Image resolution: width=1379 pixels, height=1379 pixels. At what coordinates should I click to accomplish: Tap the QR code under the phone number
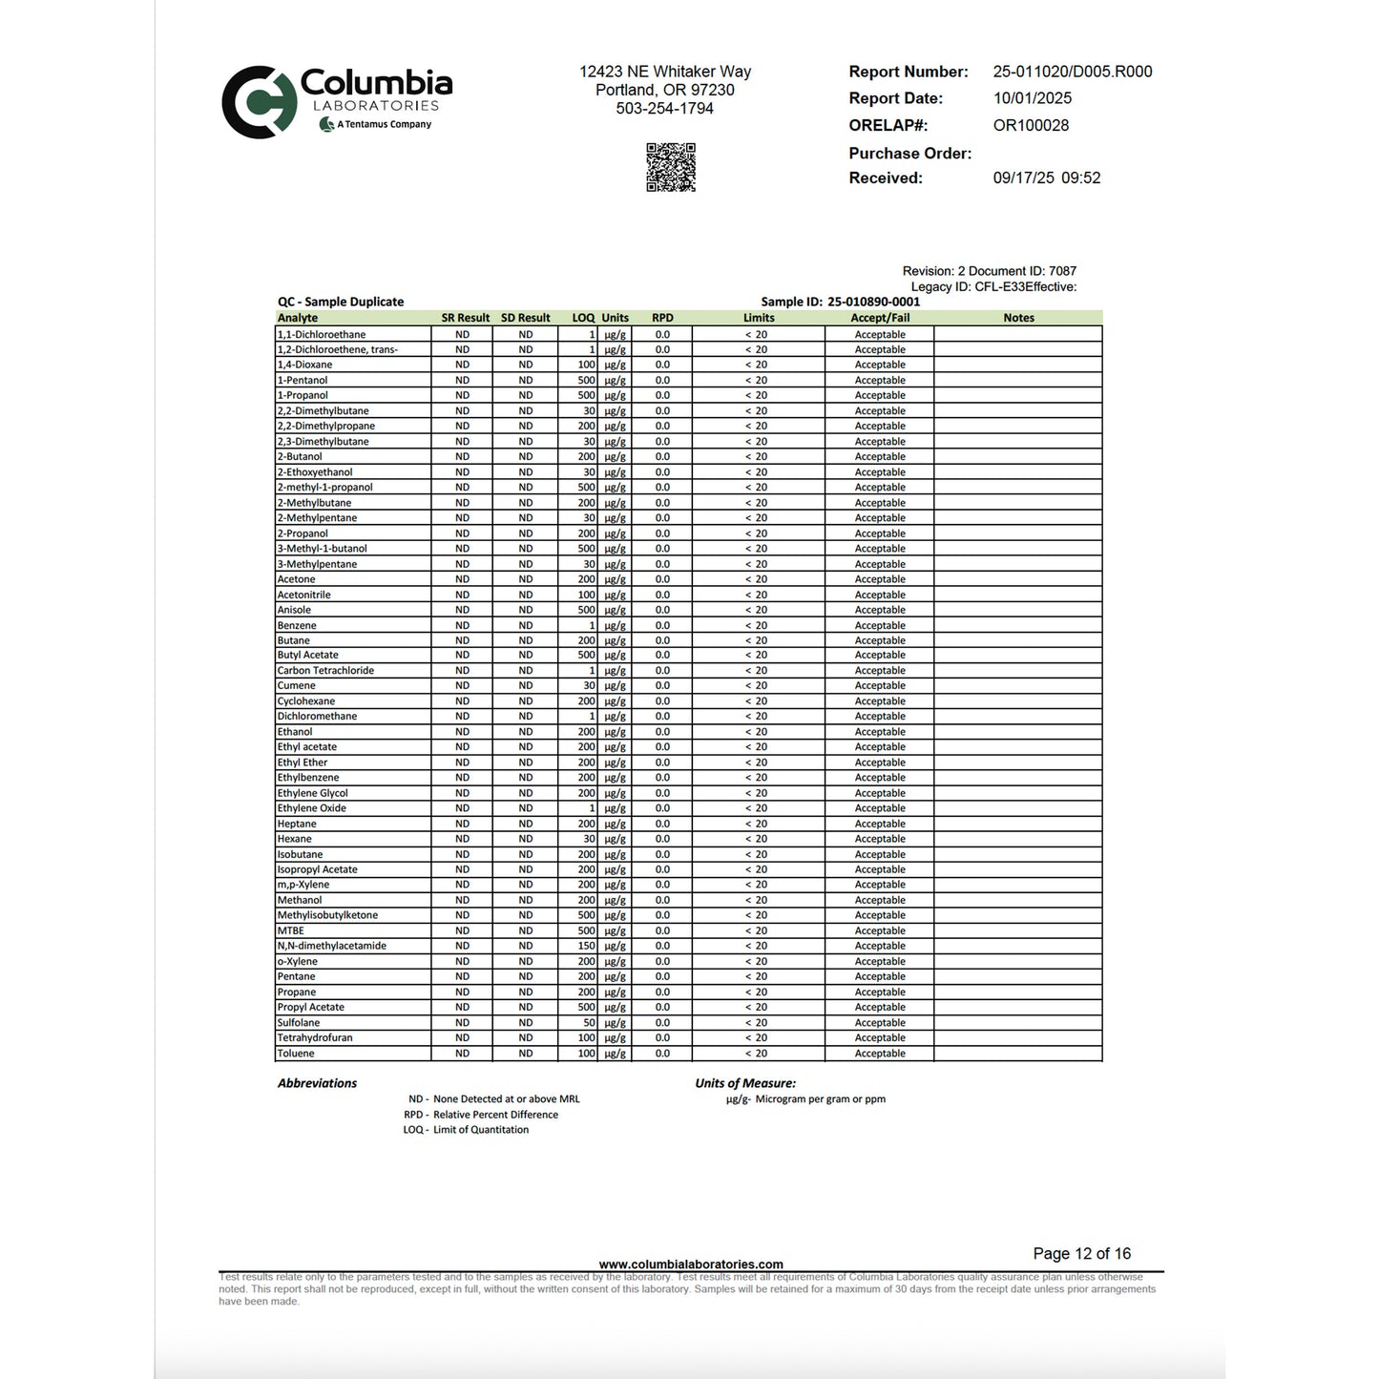tap(671, 168)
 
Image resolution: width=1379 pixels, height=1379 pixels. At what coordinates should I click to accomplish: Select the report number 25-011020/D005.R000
tap(1072, 72)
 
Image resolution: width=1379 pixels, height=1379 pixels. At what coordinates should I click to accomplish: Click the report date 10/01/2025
tap(1032, 98)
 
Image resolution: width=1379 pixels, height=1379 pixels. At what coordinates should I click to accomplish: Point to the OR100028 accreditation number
tap(1031, 125)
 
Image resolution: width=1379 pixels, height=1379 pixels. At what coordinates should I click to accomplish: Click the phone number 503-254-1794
tap(664, 109)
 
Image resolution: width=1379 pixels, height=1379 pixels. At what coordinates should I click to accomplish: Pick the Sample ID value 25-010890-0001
tap(873, 302)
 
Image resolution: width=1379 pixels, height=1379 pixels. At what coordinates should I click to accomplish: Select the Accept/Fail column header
tap(880, 318)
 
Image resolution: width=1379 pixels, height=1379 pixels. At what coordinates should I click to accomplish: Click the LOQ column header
tap(583, 318)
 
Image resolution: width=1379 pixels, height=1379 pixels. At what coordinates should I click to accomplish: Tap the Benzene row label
tap(297, 625)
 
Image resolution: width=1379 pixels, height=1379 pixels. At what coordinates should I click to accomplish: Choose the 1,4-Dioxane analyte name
tap(305, 365)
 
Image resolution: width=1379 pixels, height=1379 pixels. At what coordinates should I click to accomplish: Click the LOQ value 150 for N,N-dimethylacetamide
tap(586, 946)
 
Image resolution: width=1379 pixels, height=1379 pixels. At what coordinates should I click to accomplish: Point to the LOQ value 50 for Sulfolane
tap(589, 1022)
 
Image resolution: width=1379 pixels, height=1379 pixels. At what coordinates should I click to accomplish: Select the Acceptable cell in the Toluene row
tap(880, 1054)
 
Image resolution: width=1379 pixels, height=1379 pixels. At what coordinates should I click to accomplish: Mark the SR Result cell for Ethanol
tap(462, 732)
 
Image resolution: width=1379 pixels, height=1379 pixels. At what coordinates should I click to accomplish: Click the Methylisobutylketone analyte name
tap(327, 915)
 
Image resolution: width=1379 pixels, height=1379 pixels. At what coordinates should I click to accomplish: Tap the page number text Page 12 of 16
tap(1081, 1254)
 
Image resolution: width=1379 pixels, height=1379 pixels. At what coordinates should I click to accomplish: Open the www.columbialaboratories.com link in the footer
tap(691, 1264)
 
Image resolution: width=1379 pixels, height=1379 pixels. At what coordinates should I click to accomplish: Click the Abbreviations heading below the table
tap(317, 1083)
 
